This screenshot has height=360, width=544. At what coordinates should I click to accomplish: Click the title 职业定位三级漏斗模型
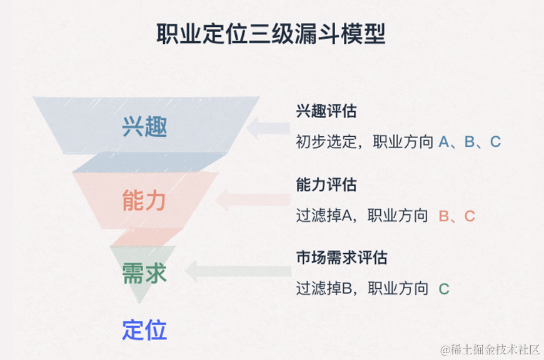click(271, 34)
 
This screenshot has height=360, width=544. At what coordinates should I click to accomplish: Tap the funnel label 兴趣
click(144, 127)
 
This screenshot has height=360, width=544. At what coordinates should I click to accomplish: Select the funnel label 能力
click(144, 201)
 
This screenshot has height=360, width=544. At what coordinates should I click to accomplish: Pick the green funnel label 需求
click(144, 273)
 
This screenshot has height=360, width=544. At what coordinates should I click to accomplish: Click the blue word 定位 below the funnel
click(144, 329)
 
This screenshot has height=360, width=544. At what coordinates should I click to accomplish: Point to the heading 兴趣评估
click(326, 112)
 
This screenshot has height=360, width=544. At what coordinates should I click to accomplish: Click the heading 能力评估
click(326, 185)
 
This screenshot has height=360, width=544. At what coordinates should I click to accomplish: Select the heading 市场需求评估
click(341, 257)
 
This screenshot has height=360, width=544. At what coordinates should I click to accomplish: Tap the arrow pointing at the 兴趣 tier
click(268, 129)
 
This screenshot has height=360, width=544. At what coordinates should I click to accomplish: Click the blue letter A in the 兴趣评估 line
click(444, 142)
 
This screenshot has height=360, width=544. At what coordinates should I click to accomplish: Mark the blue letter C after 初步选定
click(495, 142)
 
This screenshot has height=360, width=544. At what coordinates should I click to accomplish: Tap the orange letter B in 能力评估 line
click(444, 216)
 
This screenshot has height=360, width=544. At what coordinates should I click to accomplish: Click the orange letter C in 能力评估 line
click(470, 216)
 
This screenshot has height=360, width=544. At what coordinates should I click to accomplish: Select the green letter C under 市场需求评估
click(444, 289)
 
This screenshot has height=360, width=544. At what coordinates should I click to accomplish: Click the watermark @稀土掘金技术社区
click(490, 349)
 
